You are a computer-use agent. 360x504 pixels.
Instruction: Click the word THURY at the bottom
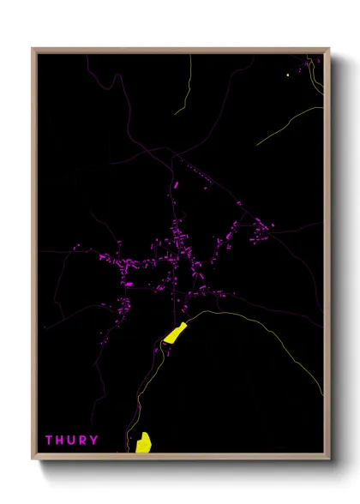click(71, 441)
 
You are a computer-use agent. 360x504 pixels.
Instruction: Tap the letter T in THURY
click(49, 441)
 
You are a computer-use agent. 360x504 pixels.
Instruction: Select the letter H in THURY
click(60, 441)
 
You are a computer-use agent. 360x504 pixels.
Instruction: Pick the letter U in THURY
click(71, 441)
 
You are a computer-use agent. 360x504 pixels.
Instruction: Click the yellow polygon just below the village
click(176, 333)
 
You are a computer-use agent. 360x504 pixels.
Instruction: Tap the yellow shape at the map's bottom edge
click(143, 442)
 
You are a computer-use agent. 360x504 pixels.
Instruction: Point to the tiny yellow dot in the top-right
click(288, 75)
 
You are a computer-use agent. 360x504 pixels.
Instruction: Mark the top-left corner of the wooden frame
click(33, 49)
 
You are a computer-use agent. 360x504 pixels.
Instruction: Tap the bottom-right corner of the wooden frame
click(329, 458)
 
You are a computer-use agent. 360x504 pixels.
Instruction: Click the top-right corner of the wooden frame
click(329, 49)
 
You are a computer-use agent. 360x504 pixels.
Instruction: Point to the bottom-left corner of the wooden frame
click(33, 458)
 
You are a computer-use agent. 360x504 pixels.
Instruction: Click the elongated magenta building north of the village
click(176, 185)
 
